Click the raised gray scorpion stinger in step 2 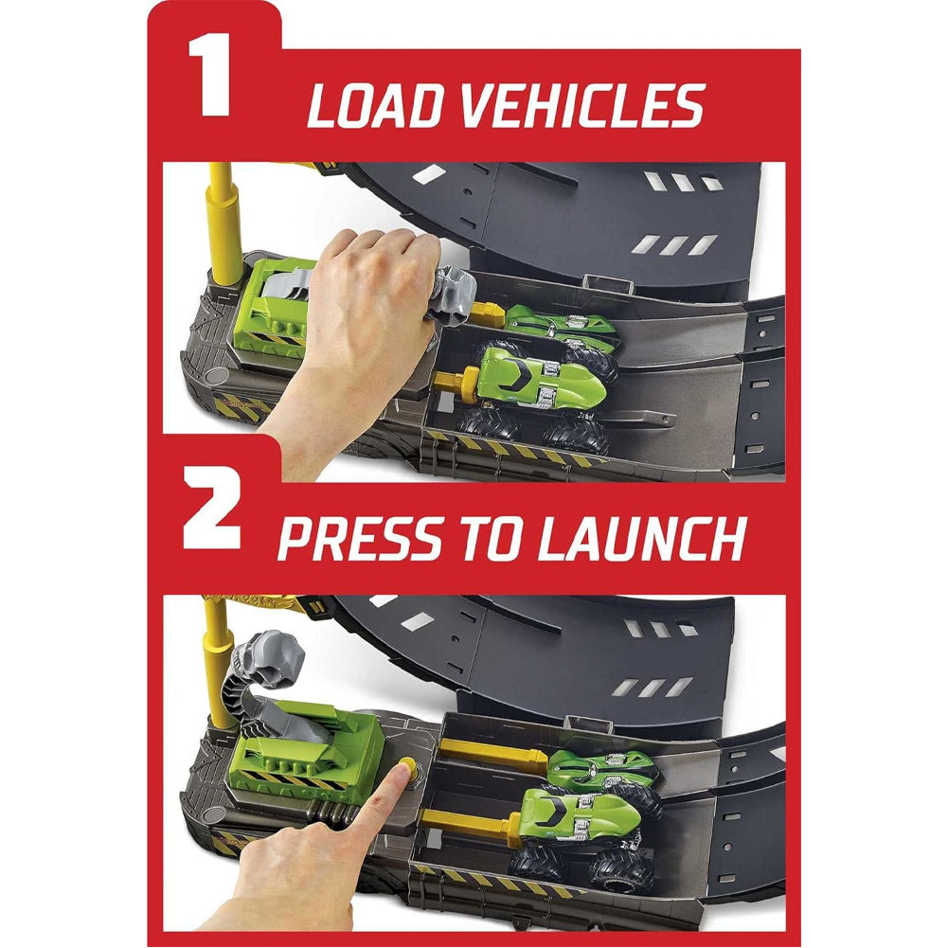(x=266, y=659)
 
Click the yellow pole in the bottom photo (x=219, y=659)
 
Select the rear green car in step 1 (x=560, y=330)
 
